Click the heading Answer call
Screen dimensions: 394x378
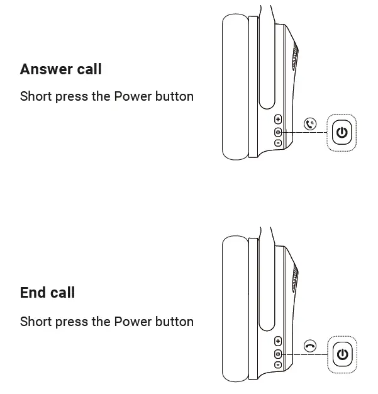[x=60, y=69]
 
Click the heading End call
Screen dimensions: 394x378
[x=47, y=293]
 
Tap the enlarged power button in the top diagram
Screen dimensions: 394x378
[x=342, y=132]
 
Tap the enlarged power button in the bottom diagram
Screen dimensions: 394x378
[x=342, y=354]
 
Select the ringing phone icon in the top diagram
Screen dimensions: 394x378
[x=309, y=124]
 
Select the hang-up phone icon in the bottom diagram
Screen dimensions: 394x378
[x=309, y=346]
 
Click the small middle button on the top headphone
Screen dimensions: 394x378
[x=278, y=132]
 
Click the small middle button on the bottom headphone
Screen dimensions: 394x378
[x=278, y=354]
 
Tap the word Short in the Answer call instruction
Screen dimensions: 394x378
[x=35, y=96]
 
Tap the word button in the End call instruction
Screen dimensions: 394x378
[x=175, y=322]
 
